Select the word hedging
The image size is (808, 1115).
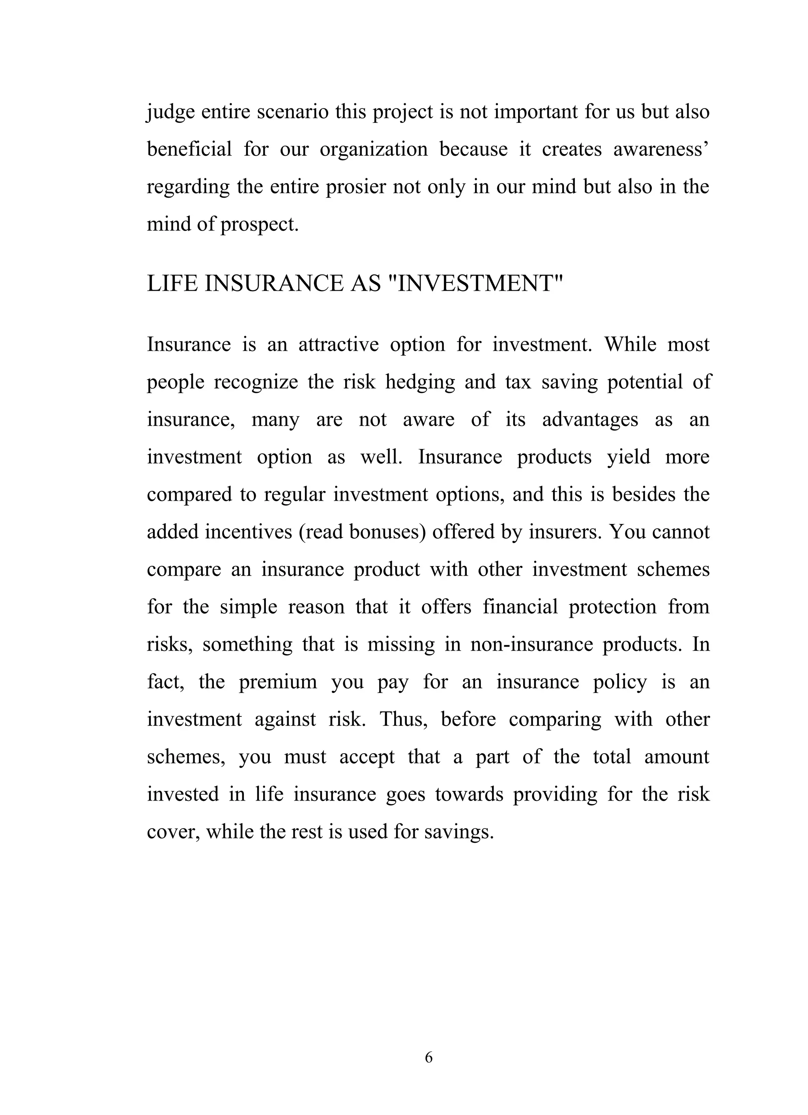click(420, 382)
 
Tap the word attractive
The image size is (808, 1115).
click(338, 344)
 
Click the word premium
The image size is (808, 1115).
click(278, 682)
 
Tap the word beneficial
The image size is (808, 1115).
click(189, 150)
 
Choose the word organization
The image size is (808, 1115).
click(374, 150)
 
